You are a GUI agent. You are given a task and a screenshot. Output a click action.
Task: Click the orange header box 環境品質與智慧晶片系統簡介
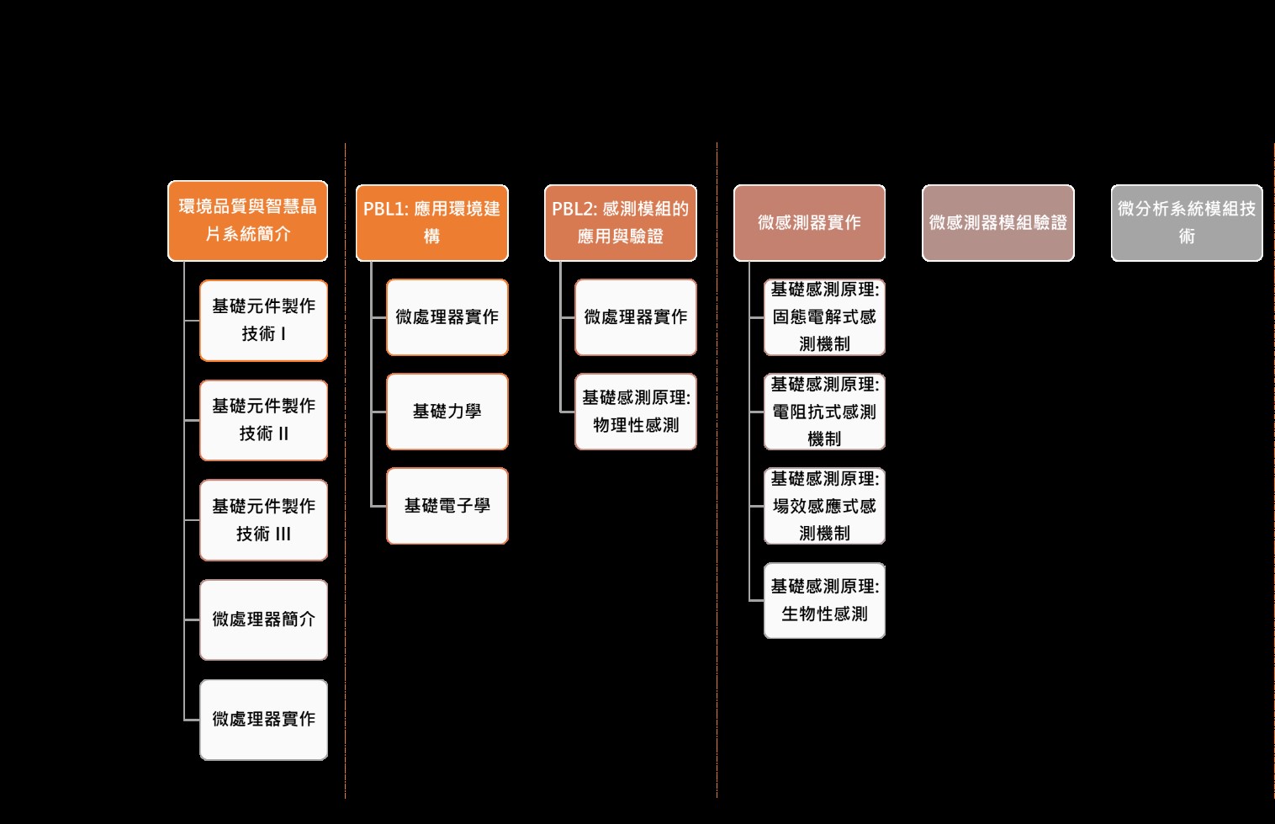(247, 221)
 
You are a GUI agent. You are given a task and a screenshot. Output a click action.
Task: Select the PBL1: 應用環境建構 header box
(432, 223)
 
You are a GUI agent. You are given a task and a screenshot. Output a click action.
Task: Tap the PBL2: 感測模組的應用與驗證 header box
(621, 223)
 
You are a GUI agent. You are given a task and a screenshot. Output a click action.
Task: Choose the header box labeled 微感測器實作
(809, 223)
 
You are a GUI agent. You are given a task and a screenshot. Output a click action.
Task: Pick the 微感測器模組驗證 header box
(998, 223)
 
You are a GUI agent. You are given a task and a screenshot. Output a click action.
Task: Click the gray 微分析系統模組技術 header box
(1187, 223)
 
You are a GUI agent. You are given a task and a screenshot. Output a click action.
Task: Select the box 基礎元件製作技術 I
(263, 321)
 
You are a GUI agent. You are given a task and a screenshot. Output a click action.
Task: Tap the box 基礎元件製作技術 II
(263, 420)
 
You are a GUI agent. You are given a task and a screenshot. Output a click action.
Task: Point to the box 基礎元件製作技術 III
(263, 520)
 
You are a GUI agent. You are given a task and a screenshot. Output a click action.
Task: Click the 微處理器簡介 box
(263, 620)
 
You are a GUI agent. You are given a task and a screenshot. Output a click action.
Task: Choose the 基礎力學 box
(447, 412)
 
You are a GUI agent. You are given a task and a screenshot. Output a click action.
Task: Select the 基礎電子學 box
(447, 506)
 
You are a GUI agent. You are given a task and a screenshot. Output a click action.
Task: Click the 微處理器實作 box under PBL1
(447, 317)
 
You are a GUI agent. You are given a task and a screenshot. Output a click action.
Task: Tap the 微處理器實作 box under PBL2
(636, 317)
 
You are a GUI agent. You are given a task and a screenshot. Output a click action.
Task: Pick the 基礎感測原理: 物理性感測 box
(636, 412)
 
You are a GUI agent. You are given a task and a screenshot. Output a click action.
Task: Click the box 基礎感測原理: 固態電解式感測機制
(825, 317)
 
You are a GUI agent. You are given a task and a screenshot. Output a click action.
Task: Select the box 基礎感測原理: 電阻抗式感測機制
(825, 412)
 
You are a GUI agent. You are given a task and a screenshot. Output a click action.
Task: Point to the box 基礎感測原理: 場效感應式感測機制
(825, 506)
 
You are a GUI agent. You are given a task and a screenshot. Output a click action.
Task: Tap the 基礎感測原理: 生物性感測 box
(825, 601)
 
